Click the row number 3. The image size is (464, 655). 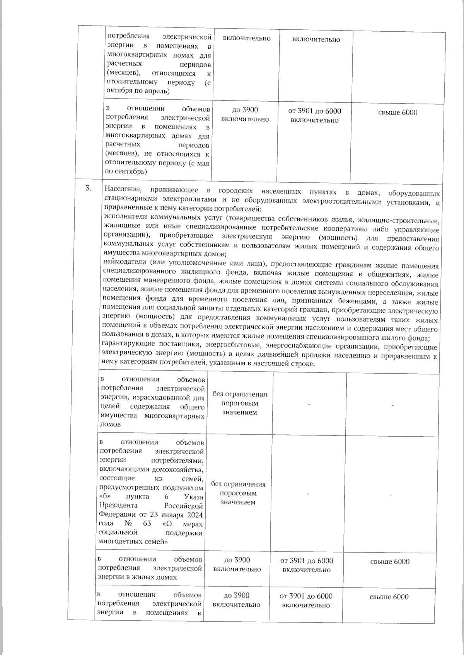coord(89,189)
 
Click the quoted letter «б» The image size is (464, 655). coord(105,497)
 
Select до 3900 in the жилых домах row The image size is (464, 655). coord(237,560)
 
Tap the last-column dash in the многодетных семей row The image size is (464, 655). coord(391,495)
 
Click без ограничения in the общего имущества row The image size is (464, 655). coord(240,395)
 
